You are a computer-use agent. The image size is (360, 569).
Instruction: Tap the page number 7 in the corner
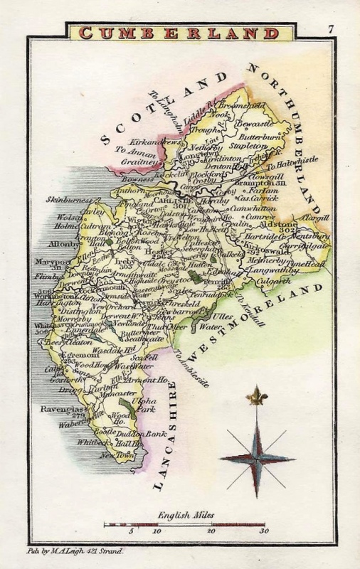pos(332,29)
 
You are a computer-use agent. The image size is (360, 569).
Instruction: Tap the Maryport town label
pos(52,261)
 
